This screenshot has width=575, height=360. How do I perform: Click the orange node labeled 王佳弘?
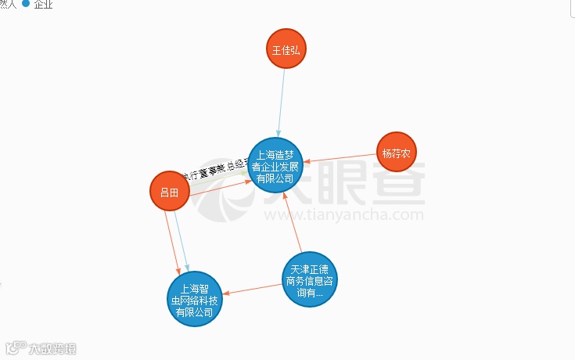(286, 49)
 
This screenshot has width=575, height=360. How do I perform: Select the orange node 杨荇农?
(396, 152)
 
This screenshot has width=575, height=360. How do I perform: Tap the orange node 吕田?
(169, 191)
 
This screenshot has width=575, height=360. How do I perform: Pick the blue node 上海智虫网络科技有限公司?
(194, 298)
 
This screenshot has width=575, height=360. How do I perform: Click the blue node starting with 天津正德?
(310, 279)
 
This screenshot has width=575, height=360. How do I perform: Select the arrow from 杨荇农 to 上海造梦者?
(340, 157)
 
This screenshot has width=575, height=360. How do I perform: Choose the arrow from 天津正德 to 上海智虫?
(250, 289)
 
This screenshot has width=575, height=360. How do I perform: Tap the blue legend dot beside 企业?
(26, 4)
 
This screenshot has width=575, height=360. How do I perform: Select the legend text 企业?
(44, 4)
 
